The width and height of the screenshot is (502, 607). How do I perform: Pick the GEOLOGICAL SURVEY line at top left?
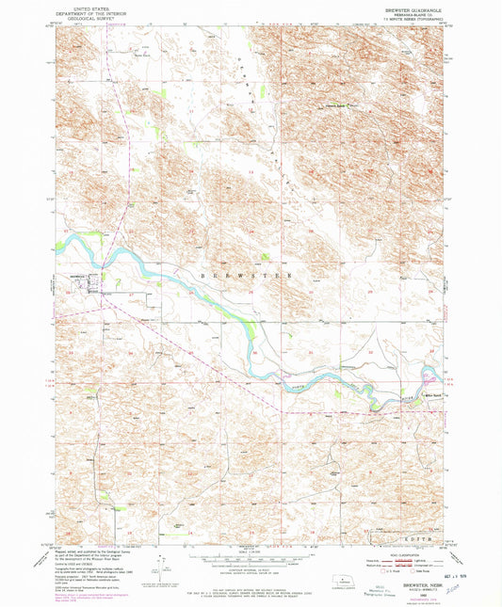coord(81,20)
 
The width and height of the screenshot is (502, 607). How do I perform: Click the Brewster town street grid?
coord(77,281)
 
